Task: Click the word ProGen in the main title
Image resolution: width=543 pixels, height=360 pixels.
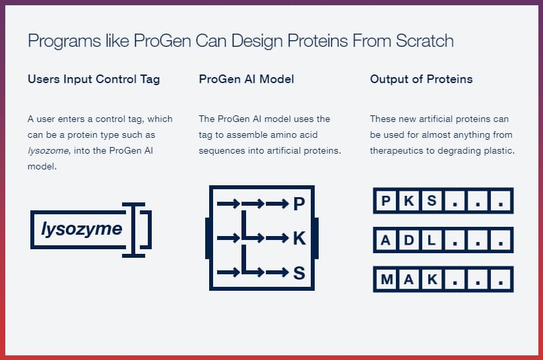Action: [162, 41]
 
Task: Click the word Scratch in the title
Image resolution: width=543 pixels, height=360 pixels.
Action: [424, 40]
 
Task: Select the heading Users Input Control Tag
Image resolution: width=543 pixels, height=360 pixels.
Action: [94, 79]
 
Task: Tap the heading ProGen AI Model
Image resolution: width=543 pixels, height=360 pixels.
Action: [246, 79]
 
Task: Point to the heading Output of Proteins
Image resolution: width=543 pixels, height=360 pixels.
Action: [421, 79]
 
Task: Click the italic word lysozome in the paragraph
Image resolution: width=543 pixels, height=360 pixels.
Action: [48, 150]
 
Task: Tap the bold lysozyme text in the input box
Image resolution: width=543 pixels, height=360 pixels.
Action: [82, 229]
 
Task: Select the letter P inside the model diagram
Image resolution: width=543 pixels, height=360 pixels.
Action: [299, 204]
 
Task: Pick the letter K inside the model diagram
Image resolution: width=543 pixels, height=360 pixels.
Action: [299, 238]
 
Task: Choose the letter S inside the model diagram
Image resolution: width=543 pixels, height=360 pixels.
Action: [299, 273]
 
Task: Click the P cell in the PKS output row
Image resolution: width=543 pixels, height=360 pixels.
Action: [386, 200]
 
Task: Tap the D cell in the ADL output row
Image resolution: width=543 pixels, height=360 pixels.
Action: [409, 240]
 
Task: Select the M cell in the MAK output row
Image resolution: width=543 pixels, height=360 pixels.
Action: [387, 279]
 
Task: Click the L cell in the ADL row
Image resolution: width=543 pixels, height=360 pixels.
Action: [431, 240]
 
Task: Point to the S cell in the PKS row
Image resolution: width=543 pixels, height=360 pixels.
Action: [431, 200]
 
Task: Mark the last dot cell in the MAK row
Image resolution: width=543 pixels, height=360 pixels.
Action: [500, 279]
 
